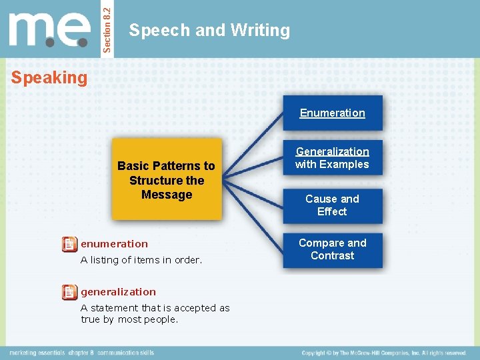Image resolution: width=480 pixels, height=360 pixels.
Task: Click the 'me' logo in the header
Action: (x=49, y=30)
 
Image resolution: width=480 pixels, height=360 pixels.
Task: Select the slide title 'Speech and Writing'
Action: (x=209, y=30)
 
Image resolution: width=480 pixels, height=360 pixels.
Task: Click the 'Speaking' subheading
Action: (x=49, y=78)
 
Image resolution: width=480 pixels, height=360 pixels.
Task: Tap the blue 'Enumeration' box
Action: (x=332, y=113)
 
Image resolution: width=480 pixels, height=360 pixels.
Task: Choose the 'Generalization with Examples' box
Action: (x=332, y=158)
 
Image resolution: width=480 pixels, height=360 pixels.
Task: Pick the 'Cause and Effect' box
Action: (x=332, y=205)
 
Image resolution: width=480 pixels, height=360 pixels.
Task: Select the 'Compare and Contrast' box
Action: (x=332, y=249)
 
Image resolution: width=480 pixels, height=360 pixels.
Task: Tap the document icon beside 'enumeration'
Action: (x=69, y=244)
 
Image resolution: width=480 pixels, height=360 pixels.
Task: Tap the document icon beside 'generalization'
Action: (x=69, y=292)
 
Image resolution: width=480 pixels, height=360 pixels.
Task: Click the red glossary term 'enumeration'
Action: (x=114, y=244)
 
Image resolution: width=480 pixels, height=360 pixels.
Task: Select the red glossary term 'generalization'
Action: (x=118, y=292)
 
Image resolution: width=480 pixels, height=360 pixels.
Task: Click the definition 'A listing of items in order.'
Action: (x=141, y=260)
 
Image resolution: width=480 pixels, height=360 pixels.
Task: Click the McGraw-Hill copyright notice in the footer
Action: (x=383, y=353)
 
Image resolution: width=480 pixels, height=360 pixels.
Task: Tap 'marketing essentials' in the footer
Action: (x=38, y=353)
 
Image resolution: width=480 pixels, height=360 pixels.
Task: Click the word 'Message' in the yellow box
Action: (x=167, y=195)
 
